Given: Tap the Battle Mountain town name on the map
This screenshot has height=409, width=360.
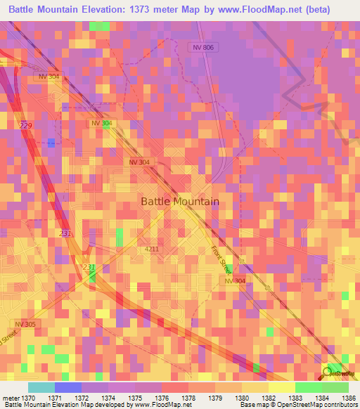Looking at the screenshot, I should point(180,201).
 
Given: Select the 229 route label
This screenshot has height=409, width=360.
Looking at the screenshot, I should point(26,125).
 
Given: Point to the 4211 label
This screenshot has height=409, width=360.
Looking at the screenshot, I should point(152,249).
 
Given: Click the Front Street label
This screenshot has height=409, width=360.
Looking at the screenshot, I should point(221,261).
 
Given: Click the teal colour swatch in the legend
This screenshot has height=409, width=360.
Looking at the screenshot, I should point(41,387).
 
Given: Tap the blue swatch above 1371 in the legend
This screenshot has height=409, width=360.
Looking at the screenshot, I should point(67,387).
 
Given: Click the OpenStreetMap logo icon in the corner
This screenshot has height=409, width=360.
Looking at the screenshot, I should point(328,372).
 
